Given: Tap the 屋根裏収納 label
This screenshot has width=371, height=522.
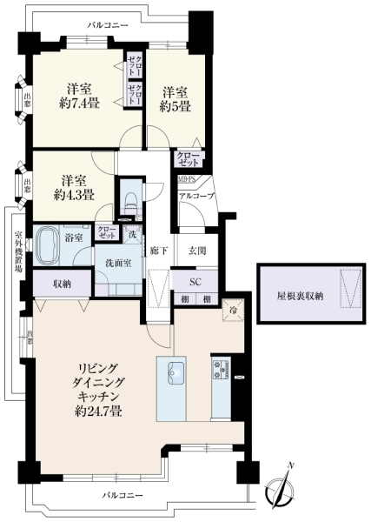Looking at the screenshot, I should click(300, 296).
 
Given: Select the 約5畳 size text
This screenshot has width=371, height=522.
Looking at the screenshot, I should click(175, 107).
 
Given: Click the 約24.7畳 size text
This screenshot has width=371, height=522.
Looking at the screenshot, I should click(97, 411).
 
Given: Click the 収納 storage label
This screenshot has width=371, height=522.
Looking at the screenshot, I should click(61, 284).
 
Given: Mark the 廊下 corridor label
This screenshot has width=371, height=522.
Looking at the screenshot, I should click(157, 251).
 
